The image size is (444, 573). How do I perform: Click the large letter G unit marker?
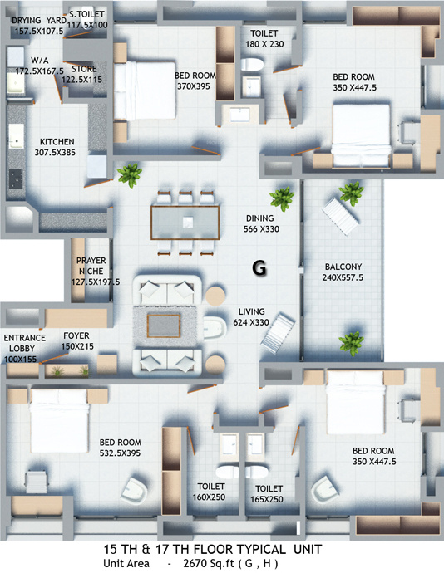(x=259, y=268)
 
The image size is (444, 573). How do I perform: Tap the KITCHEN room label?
(x=55, y=142)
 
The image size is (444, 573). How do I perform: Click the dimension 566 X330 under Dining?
(x=261, y=229)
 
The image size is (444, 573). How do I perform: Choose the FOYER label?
(x=76, y=335)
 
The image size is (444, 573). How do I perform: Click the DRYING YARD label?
(x=38, y=21)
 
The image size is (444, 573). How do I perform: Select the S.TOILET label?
(x=88, y=15)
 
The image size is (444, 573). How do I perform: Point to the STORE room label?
(x=85, y=69)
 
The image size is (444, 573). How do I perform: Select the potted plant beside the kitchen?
(x=128, y=174)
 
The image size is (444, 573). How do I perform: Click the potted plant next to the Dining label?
(x=283, y=198)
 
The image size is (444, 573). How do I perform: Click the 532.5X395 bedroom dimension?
(x=121, y=453)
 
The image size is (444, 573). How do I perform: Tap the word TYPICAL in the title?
(x=253, y=550)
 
